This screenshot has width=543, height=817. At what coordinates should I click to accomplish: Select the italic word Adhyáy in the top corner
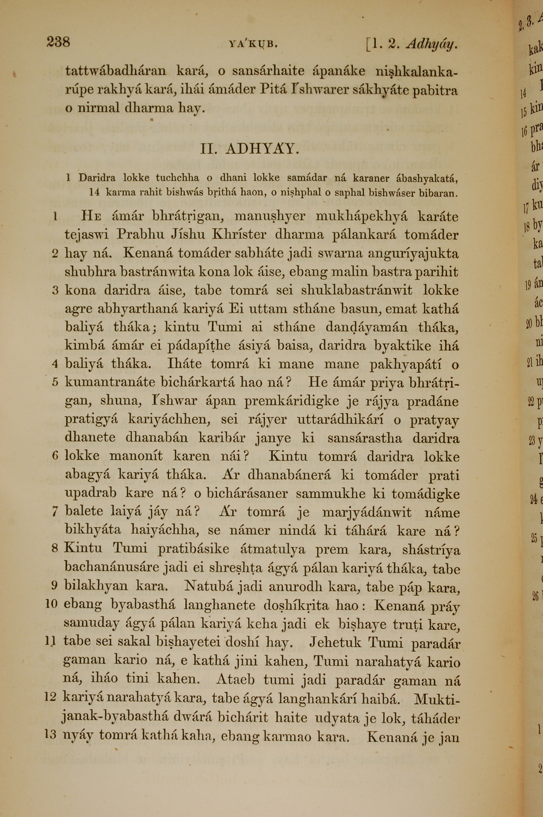click(432, 44)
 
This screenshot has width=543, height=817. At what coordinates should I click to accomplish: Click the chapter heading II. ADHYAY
click(249, 149)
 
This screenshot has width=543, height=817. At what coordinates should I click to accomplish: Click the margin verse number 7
click(55, 512)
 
